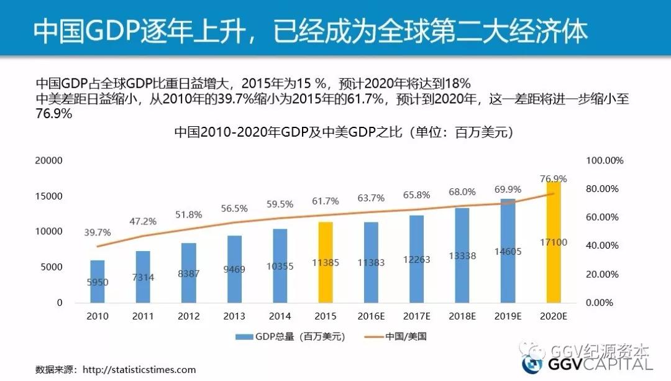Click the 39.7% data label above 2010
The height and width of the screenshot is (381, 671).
[98, 232]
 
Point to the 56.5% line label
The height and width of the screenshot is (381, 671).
[235, 208]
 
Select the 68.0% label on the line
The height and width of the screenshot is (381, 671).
[462, 191]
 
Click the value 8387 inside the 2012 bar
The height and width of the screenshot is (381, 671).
[189, 273]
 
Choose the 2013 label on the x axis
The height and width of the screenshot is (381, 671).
[234, 316]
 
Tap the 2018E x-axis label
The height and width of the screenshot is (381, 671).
[462, 316]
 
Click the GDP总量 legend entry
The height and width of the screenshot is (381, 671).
[290, 337]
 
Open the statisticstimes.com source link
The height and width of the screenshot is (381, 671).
[139, 370]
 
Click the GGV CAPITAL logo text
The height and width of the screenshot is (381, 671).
[596, 365]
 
